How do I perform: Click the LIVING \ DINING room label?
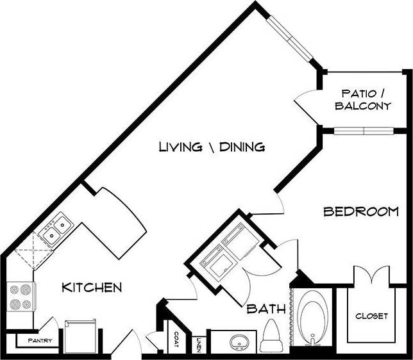[x=203, y=147]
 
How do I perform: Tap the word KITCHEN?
[x=91, y=287]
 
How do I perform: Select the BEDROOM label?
[x=361, y=211]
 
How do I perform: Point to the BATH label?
[x=266, y=309]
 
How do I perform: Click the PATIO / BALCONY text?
[x=362, y=100]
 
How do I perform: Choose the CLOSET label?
[x=371, y=316]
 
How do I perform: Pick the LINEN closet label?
[x=199, y=344]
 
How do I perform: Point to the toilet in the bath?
[x=271, y=336]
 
